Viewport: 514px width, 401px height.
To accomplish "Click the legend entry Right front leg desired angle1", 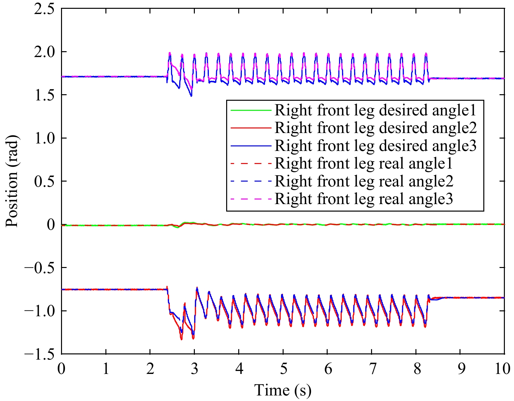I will (375, 111).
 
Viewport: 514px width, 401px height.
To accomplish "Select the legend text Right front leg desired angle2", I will (375, 128).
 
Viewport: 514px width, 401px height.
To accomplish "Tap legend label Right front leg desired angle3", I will (375, 145).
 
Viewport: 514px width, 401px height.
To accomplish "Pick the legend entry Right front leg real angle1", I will (364, 163).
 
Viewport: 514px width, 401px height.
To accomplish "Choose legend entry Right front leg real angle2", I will (364, 181).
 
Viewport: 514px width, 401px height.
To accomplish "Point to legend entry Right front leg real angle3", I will (364, 199).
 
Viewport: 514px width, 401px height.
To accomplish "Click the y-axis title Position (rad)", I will (12, 181).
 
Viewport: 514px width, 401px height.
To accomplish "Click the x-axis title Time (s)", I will (283, 390).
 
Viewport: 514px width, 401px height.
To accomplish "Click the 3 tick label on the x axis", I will (195, 369).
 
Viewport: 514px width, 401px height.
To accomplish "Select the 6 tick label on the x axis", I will (328, 369).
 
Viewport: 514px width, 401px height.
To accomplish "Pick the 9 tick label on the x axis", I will (460, 369).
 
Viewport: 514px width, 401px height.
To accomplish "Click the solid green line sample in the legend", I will (251, 111).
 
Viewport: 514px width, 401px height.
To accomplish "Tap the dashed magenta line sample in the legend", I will (251, 199).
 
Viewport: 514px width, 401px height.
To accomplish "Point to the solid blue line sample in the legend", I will (251, 145).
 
